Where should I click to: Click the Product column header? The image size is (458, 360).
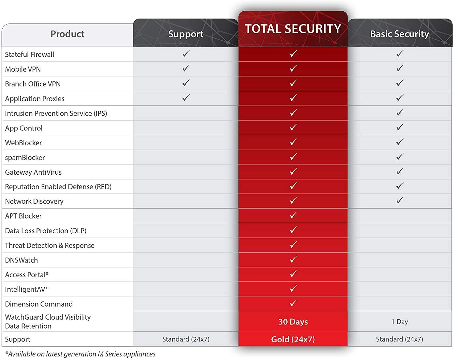tap(67, 34)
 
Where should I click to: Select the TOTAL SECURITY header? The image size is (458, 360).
tap(293, 29)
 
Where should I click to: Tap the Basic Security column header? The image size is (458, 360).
tap(399, 34)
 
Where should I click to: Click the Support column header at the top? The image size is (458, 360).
tap(186, 34)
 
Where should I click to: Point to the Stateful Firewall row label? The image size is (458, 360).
tap(30, 54)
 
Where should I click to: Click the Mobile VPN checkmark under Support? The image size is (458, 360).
tap(186, 68)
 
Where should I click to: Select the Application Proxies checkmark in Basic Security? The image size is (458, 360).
tap(400, 98)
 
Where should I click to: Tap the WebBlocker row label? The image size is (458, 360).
tap(23, 143)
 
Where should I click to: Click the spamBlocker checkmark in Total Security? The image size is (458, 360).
tap(293, 157)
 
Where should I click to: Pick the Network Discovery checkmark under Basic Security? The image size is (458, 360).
tap(400, 200)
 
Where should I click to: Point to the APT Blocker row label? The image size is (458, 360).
tap(23, 216)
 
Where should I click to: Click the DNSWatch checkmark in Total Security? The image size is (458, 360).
tap(293, 259)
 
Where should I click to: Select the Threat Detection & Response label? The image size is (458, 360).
tap(50, 245)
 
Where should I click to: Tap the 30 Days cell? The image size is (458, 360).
tap(293, 322)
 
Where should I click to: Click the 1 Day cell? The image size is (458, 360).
tap(399, 322)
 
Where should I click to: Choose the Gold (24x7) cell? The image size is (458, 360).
tap(293, 339)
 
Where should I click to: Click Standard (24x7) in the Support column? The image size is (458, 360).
tap(186, 339)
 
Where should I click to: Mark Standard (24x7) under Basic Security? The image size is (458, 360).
tap(399, 339)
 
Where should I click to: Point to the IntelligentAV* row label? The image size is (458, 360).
tap(27, 289)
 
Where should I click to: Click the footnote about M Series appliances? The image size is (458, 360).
tap(80, 354)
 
